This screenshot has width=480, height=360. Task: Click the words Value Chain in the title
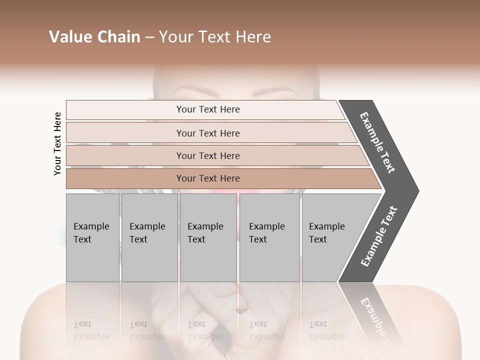94,37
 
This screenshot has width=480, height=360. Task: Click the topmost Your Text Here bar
207,109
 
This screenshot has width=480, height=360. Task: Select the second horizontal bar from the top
207,133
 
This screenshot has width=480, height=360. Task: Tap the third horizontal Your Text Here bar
207,155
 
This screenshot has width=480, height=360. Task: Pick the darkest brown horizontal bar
207,178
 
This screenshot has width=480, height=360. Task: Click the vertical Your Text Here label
57,143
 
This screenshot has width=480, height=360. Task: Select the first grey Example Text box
92,237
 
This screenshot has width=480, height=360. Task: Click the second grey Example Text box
149,237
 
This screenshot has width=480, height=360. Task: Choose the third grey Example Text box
208,237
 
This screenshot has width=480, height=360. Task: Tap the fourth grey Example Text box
269,237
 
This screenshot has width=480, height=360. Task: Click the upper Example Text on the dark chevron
378,142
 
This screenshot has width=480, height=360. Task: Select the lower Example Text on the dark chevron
379,236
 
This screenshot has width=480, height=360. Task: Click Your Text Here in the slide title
215,37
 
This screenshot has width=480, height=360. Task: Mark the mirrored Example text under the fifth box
326,336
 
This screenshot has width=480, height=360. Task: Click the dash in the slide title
149,37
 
